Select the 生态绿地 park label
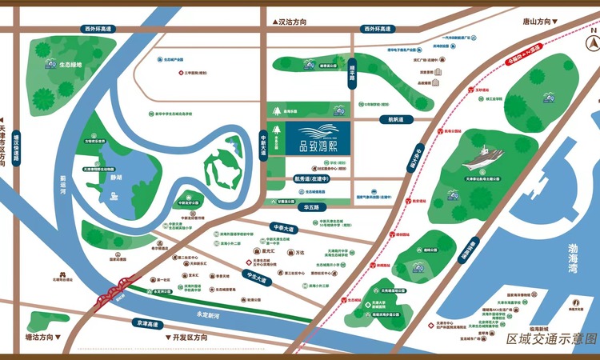point(71,65)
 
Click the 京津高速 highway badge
point(150,324)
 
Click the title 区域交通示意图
point(551,339)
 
